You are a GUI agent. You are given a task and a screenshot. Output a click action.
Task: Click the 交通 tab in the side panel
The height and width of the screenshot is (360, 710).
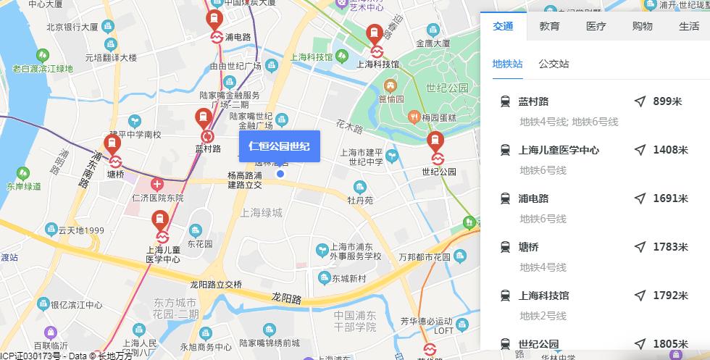pos(503,27)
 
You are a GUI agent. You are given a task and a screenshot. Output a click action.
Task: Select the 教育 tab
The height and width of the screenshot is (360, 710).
pos(549,27)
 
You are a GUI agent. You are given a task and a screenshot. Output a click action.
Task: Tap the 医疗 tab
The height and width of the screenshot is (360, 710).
pos(596,27)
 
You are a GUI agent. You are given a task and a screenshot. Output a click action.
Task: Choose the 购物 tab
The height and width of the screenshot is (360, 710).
pos(642,27)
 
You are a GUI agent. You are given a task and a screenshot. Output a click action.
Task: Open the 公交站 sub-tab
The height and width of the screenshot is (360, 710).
pos(554,64)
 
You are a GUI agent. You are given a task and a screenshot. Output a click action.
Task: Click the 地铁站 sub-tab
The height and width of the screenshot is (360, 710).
pos(507,64)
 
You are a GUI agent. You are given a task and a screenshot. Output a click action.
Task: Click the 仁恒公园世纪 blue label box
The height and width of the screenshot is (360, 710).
pos(279,146)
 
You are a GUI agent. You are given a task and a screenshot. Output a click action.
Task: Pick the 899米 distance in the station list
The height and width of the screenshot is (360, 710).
pos(667,101)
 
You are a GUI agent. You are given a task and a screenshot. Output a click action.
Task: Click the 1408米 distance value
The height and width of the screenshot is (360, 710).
pos(670,150)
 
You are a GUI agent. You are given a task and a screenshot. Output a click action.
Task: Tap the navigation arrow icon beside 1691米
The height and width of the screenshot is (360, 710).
pos(640,198)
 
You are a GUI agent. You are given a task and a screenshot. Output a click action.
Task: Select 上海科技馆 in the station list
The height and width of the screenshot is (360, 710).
pos(544,296)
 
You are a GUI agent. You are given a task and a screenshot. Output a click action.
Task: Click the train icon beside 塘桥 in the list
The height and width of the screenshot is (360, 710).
pos(505,247)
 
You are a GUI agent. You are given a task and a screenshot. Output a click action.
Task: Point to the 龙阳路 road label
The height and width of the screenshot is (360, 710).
pos(286,297)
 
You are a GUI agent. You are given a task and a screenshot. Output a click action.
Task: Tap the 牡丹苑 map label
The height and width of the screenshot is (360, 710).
pos(360,200)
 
